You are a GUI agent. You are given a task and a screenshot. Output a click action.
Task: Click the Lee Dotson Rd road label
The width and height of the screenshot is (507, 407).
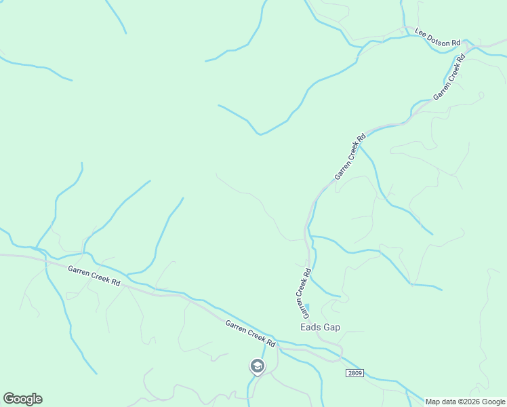coord(437,38)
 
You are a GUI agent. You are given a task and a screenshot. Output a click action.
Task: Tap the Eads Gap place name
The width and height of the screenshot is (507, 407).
coord(321,327)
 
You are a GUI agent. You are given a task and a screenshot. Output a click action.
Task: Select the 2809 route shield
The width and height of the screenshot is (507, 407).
coord(354,373)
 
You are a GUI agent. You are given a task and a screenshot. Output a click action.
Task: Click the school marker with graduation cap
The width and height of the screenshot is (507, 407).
coord(257,366)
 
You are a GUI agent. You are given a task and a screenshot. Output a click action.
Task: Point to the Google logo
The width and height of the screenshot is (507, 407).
coord(22,399)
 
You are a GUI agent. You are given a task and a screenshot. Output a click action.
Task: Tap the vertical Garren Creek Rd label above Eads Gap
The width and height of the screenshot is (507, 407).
coord(302,293)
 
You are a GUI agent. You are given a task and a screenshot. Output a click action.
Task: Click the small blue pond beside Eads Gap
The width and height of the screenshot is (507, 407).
coord(308,309)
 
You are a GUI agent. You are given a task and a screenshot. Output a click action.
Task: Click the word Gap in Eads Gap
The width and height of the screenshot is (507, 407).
coord(331,327)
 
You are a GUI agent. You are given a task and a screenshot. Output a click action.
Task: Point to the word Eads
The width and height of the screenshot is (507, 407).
coord(310,327)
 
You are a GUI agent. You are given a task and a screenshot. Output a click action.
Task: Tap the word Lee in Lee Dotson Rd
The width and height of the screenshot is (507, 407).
coord(420,32)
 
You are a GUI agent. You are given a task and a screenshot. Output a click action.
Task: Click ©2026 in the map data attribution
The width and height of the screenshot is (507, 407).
coord(467,402)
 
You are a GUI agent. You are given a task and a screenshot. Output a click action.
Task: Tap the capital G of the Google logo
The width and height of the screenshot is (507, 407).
coord(8,399)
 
